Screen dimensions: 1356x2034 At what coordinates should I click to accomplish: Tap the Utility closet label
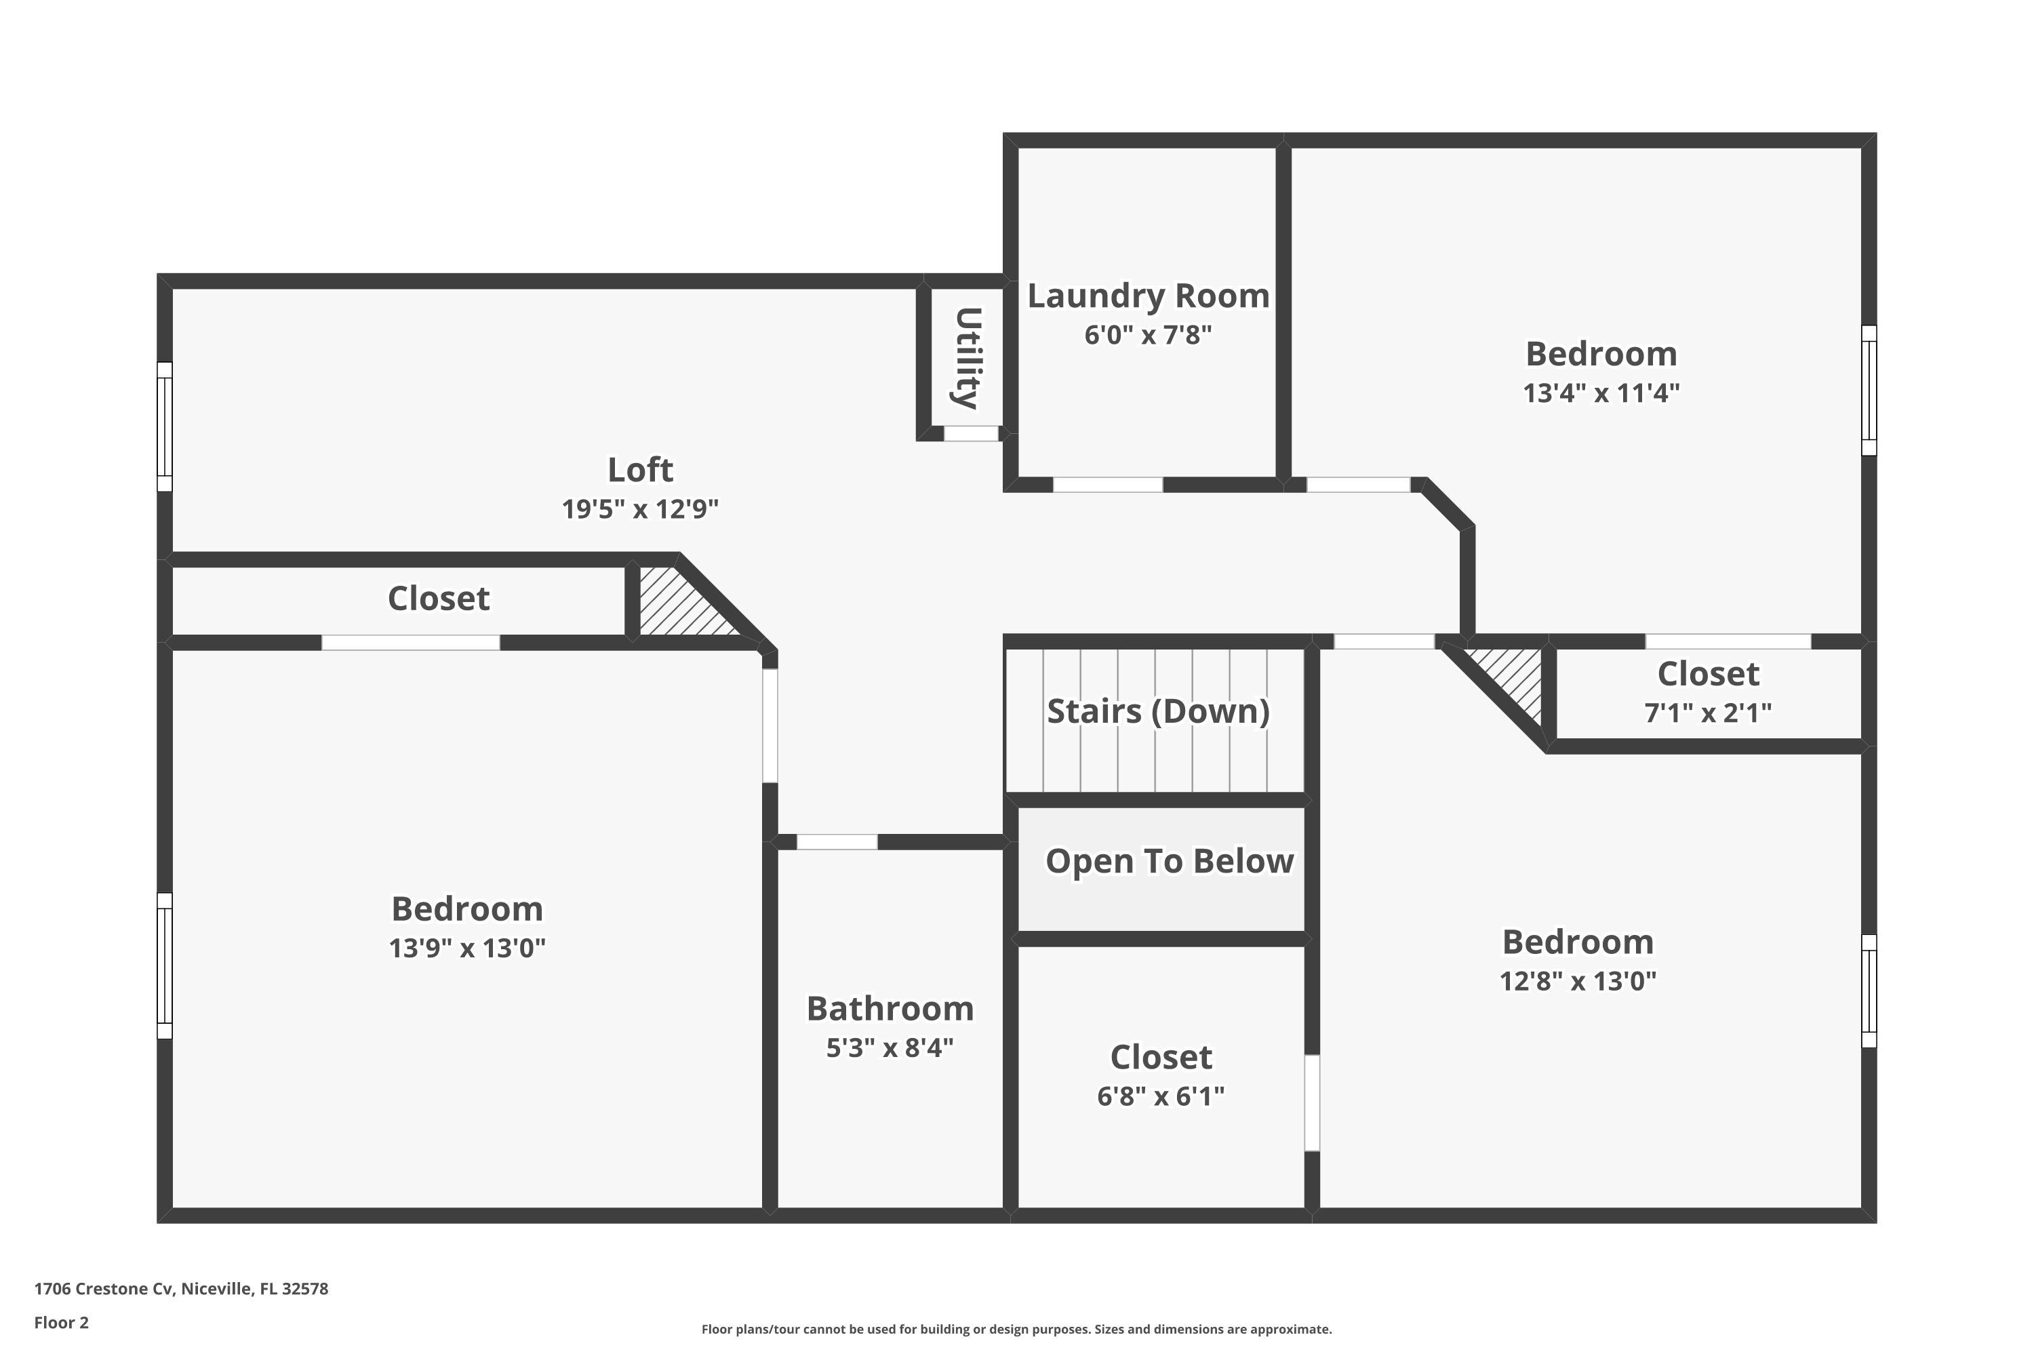tap(967, 358)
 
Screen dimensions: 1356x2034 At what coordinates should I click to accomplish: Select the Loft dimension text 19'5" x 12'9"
tap(640, 509)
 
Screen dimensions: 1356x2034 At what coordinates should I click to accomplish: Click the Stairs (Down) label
tap(1158, 711)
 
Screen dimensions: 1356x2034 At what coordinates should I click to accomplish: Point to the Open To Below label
tap(1169, 861)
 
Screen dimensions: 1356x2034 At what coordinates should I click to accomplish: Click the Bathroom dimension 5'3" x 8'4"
tap(889, 1048)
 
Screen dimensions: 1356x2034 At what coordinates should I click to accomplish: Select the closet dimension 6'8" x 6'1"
tap(1161, 1096)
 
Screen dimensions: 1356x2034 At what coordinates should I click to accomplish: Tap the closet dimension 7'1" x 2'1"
tap(1707, 713)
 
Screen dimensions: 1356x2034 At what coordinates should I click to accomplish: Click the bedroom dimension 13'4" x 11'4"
tap(1601, 393)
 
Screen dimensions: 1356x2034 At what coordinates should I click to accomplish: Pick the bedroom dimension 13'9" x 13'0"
tap(467, 949)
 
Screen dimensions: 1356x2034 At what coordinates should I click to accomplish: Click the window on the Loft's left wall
tap(164, 426)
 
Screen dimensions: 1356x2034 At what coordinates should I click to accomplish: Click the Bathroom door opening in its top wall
tap(836, 842)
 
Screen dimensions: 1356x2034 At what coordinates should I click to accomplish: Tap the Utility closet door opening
tap(970, 434)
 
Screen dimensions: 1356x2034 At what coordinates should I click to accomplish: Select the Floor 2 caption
tap(62, 1322)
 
